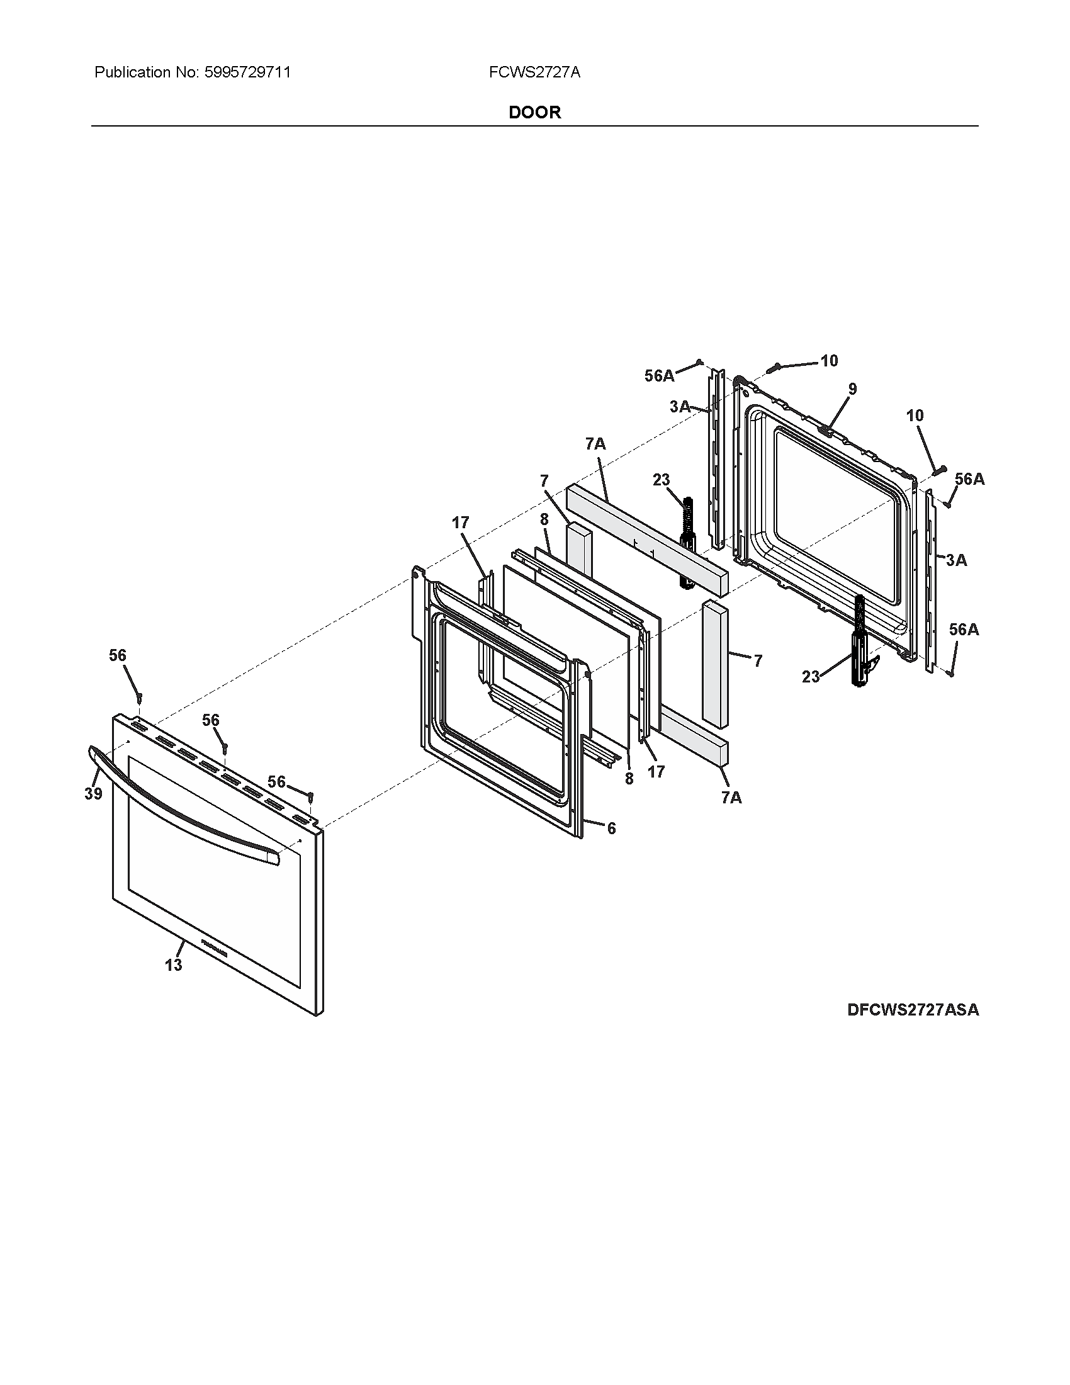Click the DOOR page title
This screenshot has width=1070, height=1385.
(534, 112)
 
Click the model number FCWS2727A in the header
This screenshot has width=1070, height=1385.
(534, 72)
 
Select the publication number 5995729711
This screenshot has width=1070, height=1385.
(247, 72)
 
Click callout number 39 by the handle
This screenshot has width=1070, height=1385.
(93, 794)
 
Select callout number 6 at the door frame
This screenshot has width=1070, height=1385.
(611, 828)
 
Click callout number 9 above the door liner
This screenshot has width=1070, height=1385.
(852, 389)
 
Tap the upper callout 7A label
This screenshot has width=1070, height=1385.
(595, 444)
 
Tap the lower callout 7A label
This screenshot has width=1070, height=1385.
(731, 798)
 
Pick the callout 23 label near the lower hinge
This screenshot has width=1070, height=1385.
(811, 677)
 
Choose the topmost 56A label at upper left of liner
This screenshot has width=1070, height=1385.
(659, 376)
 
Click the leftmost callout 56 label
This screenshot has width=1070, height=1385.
(118, 655)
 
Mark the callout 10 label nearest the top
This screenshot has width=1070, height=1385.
(829, 361)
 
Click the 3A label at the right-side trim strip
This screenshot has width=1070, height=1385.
(956, 560)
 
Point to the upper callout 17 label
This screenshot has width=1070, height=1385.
(461, 523)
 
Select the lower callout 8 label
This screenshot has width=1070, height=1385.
(629, 779)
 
